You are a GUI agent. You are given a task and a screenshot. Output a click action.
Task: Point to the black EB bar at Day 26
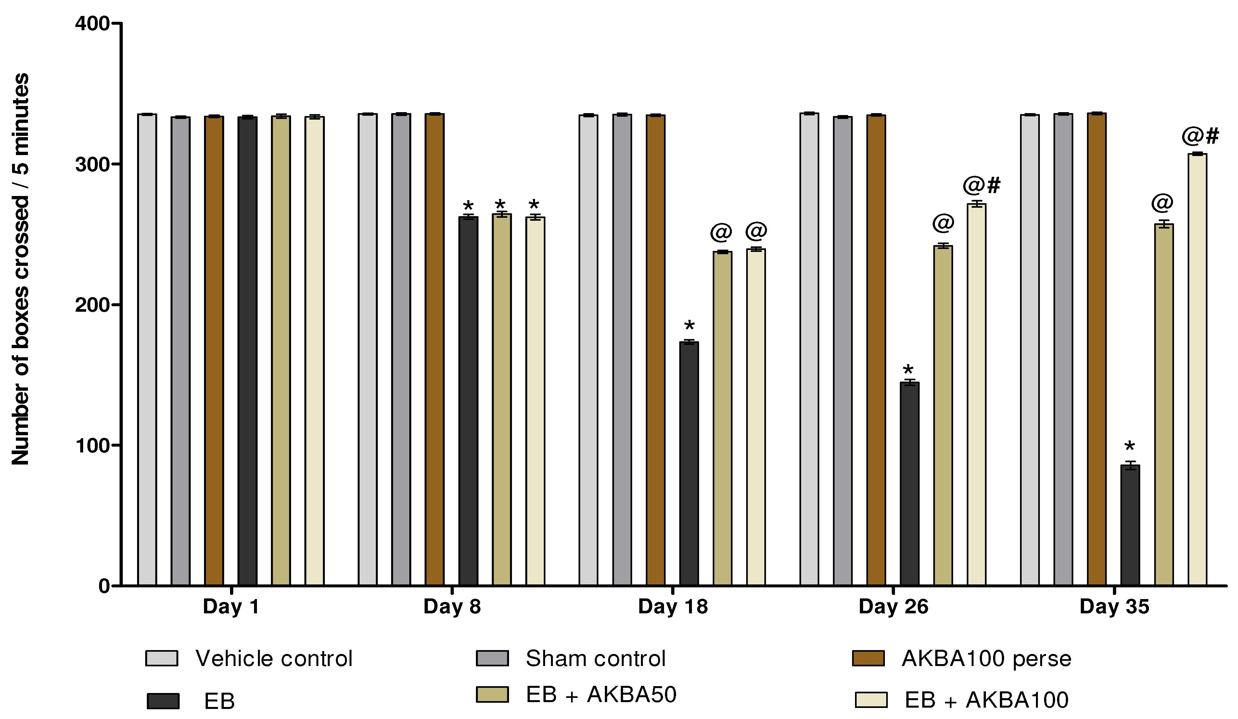pos(909,484)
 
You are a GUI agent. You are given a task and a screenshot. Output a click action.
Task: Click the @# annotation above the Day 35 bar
pos(1200,136)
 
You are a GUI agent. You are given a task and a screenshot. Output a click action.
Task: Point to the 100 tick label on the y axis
pos(91,445)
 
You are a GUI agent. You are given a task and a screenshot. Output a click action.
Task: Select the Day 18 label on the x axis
pos(672,607)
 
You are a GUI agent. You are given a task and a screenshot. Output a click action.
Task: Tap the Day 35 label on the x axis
pos(1114,607)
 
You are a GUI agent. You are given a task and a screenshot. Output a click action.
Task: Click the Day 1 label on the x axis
pos(231,607)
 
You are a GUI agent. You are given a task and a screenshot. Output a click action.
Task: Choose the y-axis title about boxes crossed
pos(21,269)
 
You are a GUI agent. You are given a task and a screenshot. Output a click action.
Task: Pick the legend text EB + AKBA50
pos(601,694)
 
